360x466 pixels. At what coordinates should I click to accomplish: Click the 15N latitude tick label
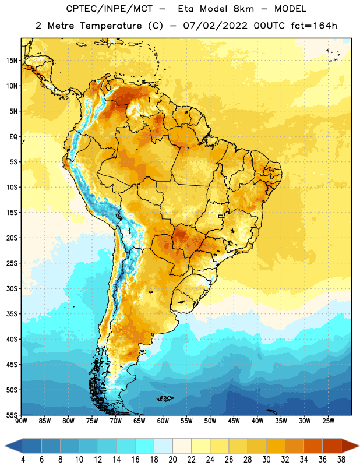pos(12,61)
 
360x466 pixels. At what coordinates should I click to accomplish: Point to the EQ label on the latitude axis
pos(13,137)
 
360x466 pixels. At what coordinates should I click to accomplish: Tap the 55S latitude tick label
pos(12,415)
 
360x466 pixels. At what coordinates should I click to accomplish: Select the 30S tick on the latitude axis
pos(12,288)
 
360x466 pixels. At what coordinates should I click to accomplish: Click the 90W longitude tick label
pos(21,421)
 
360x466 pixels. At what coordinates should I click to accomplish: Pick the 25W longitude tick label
pos(328,421)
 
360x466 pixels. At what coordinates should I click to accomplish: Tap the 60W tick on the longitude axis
pos(163,421)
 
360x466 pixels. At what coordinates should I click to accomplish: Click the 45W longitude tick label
pos(234,421)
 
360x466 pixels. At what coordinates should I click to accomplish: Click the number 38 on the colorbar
pos(341,460)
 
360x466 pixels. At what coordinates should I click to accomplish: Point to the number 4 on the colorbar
pos(23,460)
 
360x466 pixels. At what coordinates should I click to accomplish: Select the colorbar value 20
pos(172,460)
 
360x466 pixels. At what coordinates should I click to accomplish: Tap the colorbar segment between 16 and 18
pos(145,446)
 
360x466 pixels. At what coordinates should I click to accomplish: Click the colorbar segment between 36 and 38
pos(332,446)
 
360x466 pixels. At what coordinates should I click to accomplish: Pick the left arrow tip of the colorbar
pos(5,446)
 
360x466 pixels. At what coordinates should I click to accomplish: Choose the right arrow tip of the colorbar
pos(359,446)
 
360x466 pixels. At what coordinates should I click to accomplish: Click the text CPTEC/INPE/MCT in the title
pos(110,9)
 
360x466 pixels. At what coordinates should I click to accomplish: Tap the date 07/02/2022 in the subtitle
pos(216,26)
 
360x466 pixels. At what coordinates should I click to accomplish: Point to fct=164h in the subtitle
pos(314,26)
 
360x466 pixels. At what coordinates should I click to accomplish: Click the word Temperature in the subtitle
pos(111,26)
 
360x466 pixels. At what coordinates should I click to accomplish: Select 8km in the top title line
pos(243,9)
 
